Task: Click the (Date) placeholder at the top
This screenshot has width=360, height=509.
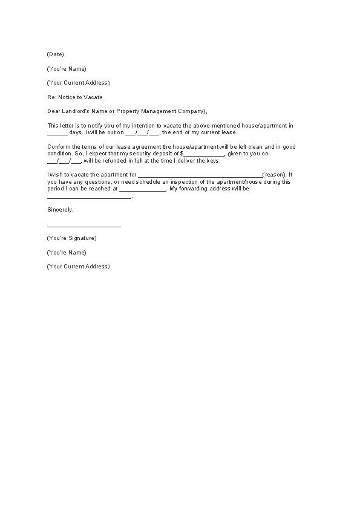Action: (x=55, y=54)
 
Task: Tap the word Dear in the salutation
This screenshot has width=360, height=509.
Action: (x=53, y=111)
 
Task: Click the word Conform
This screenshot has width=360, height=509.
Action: (x=58, y=147)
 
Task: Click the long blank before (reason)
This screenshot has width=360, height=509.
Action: (x=200, y=175)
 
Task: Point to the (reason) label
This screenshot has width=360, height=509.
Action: (x=277, y=175)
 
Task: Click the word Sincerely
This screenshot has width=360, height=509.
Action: (x=60, y=210)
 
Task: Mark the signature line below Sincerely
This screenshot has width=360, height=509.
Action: (x=83, y=226)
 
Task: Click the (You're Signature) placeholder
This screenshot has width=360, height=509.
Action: (x=71, y=238)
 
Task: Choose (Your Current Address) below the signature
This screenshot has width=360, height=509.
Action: (x=78, y=267)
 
